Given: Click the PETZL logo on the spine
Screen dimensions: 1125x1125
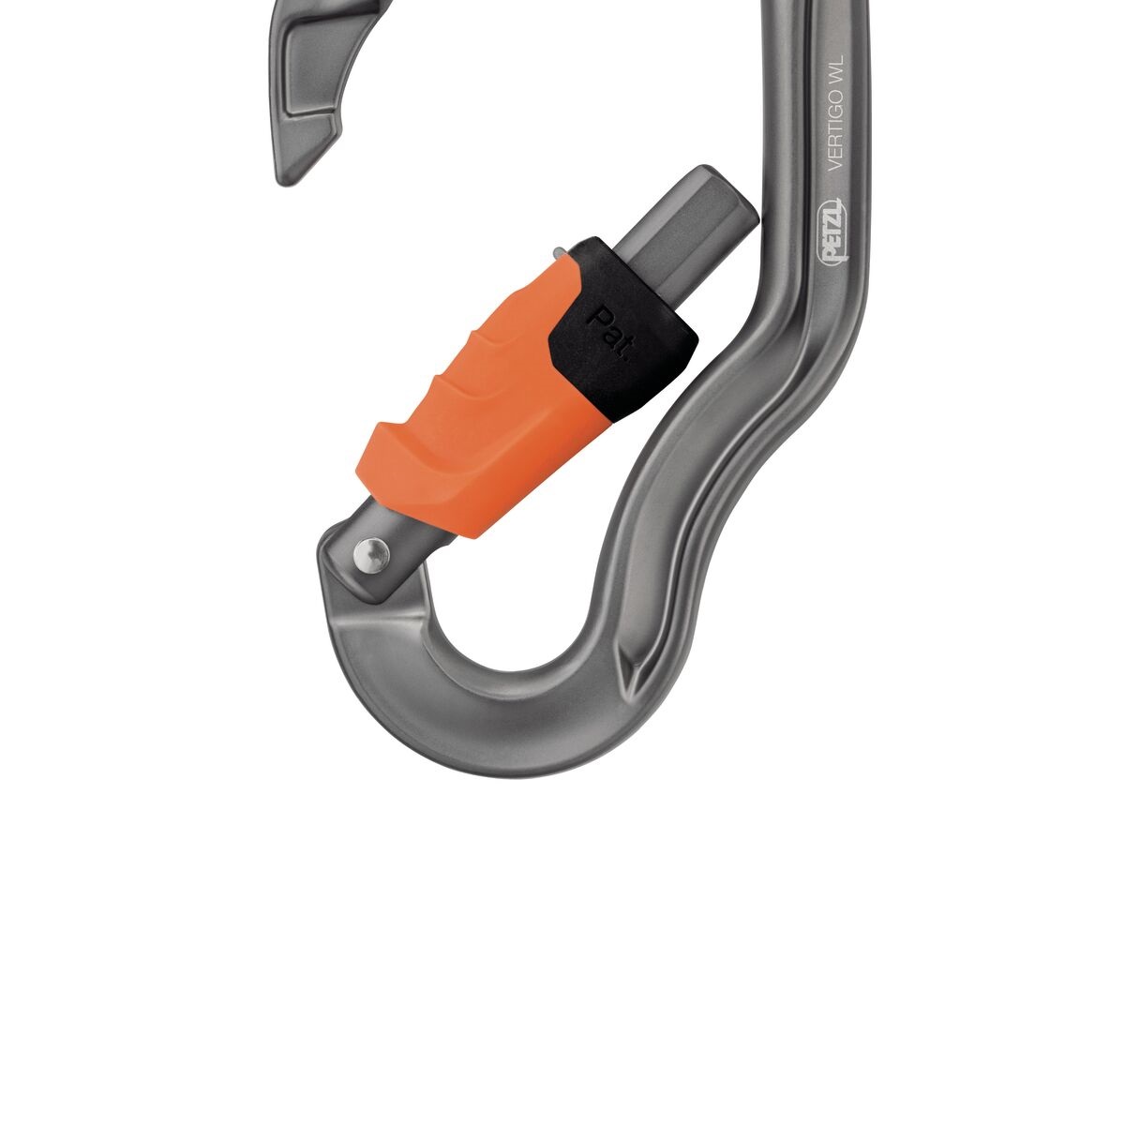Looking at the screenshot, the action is coord(833,232).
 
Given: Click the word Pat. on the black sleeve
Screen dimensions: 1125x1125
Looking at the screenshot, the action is coord(611,335).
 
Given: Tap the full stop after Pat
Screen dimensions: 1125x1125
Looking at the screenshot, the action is coord(626,358).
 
